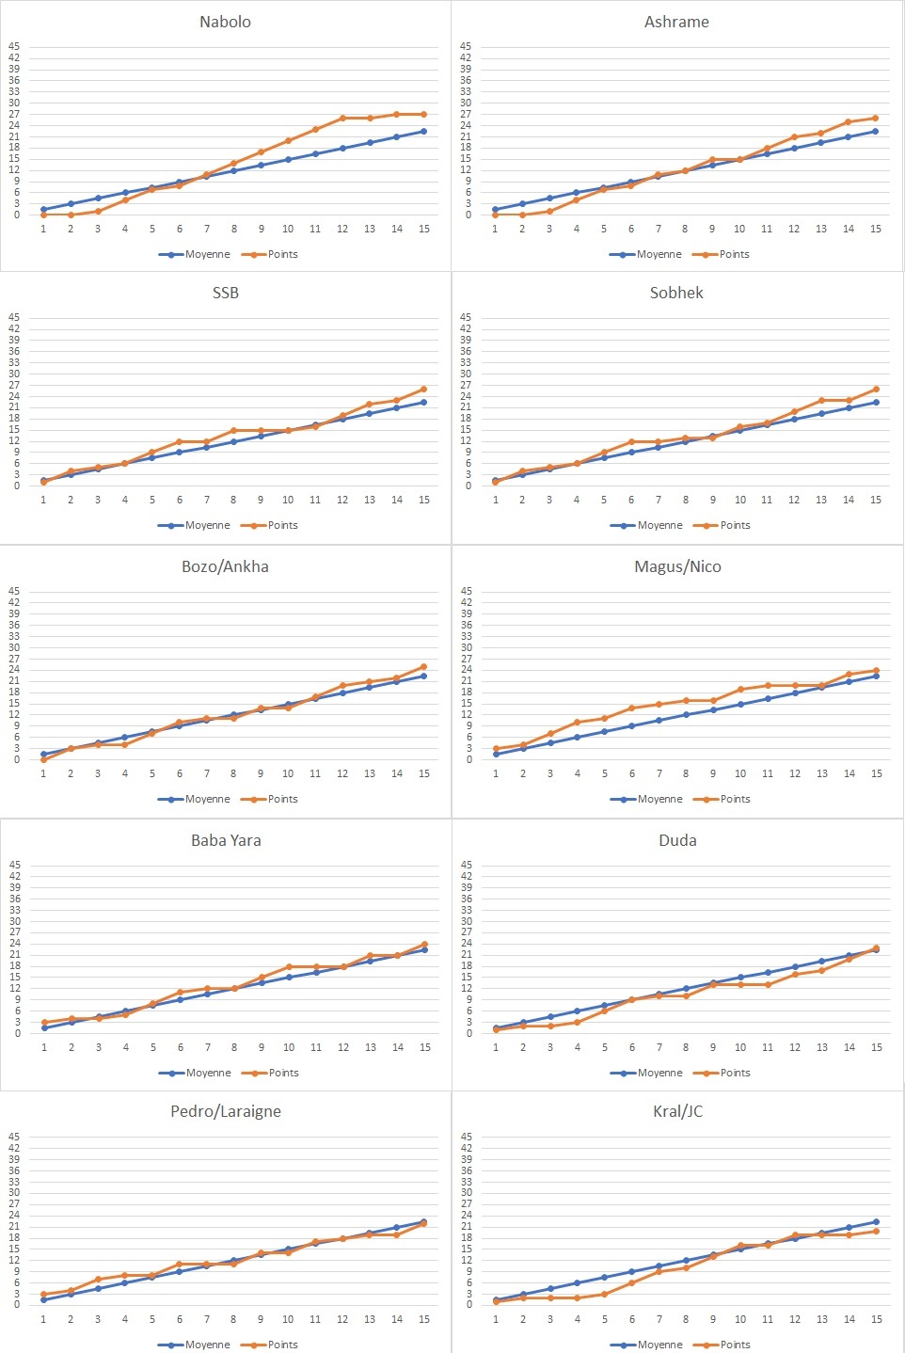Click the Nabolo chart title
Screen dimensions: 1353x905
225,22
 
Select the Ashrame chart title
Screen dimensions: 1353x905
676,22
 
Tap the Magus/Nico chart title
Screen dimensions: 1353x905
677,566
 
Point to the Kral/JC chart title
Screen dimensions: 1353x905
677,1111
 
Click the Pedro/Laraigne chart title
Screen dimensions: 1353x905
226,1111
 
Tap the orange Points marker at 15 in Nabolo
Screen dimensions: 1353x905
423,114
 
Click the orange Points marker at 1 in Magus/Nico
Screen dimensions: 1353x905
496,749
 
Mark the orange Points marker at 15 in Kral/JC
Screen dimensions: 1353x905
876,1231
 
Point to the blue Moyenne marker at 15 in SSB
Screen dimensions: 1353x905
423,403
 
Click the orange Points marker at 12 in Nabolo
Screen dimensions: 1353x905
342,118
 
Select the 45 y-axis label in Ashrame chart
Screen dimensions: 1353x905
466,46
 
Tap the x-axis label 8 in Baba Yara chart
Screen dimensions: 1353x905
234,1047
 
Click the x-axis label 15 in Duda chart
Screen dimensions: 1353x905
876,1047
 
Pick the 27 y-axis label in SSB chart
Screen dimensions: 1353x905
14,385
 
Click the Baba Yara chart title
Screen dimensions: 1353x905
226,840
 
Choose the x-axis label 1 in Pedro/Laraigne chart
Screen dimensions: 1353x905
43,1319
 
